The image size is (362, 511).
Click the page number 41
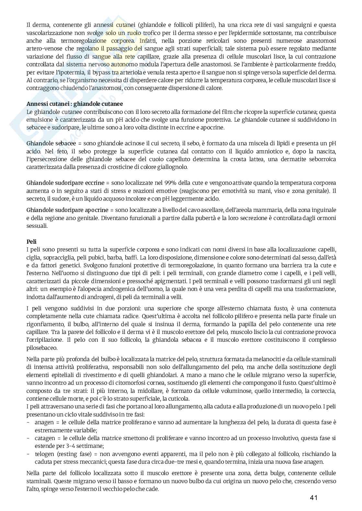click(313, 498)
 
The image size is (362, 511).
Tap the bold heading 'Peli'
click(31, 241)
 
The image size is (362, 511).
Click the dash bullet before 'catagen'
click(28, 438)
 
